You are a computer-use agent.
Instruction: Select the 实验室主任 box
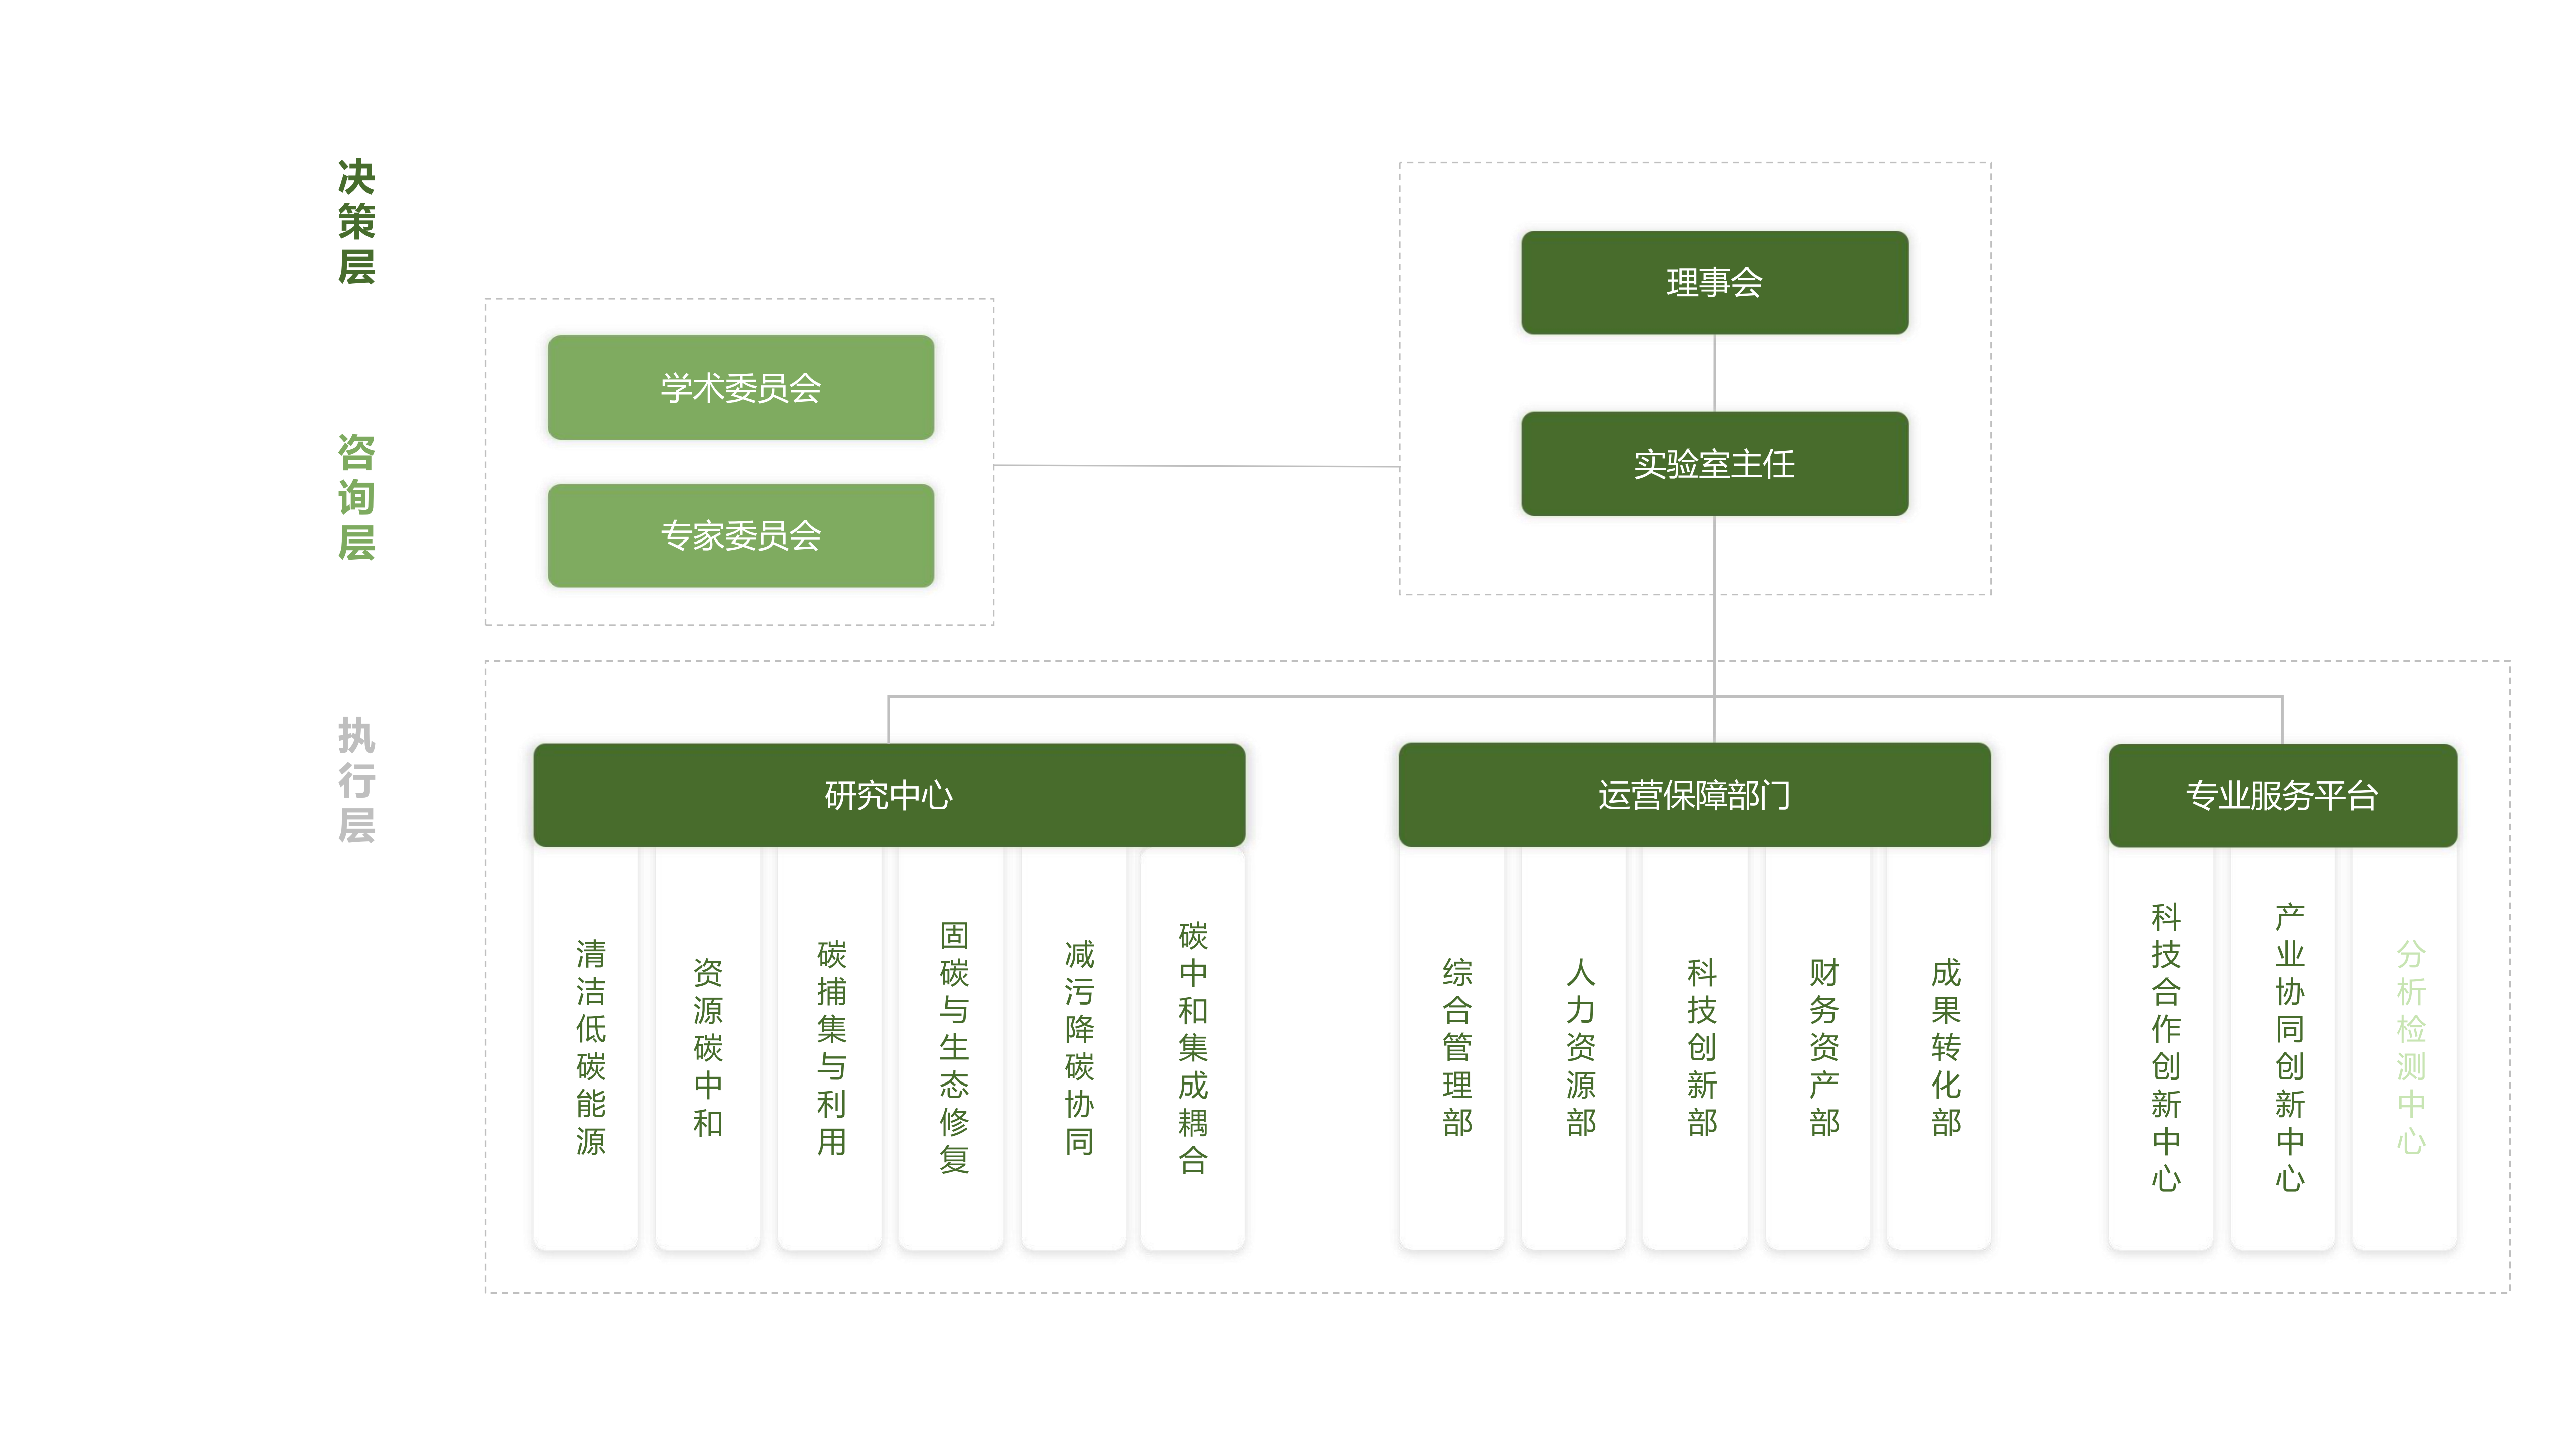(1714, 463)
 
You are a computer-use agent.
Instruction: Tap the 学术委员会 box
(741, 388)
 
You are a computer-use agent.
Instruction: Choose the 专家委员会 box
(741, 535)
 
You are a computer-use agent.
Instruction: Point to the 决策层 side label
(356, 221)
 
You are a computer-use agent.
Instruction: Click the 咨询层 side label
(356, 497)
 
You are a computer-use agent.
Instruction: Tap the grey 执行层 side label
(356, 779)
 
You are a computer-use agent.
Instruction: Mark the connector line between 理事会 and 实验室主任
(1714, 373)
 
